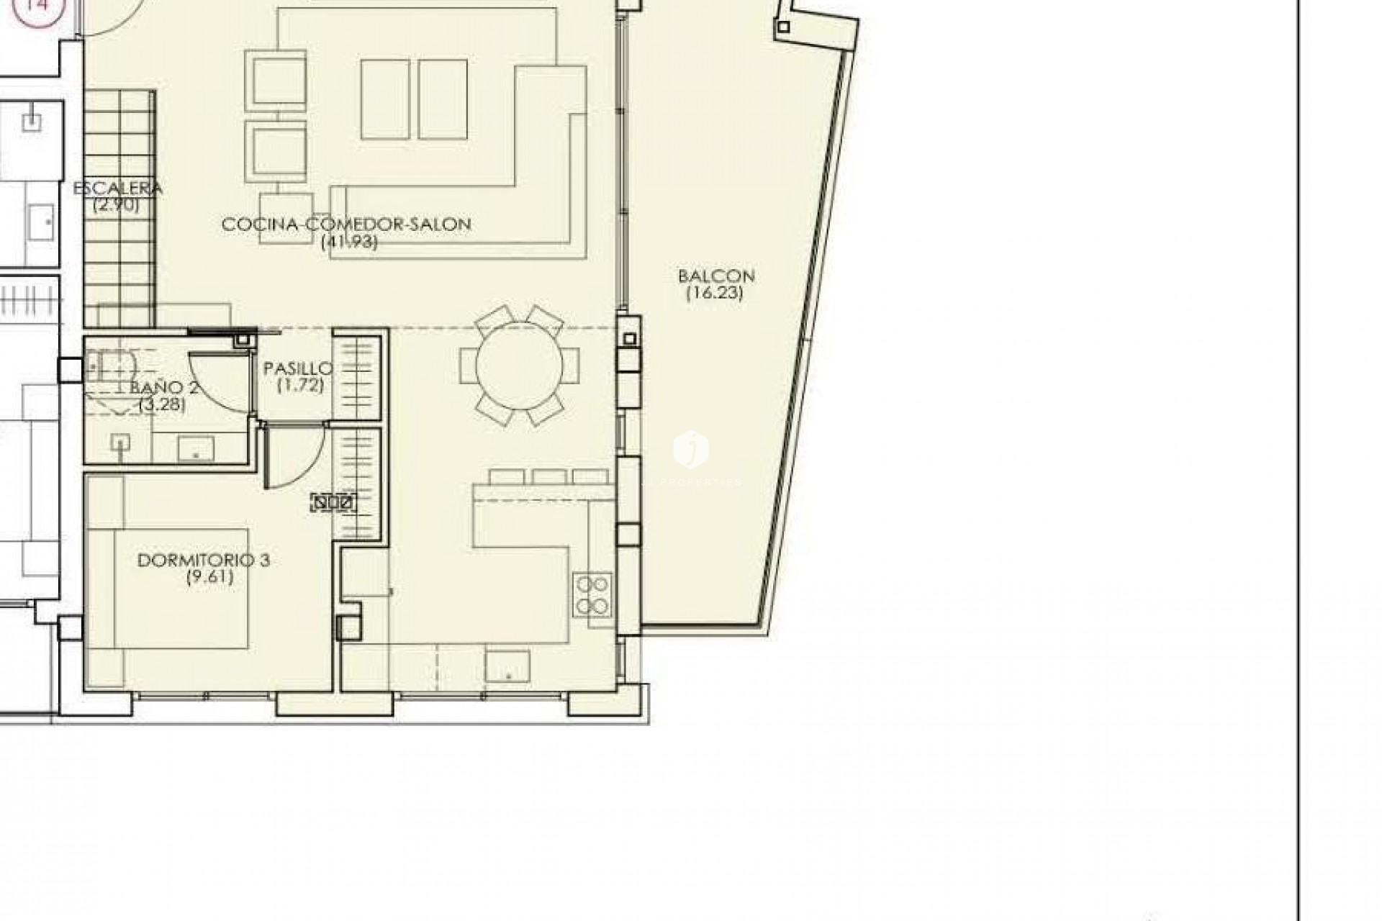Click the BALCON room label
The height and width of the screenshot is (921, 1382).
coord(715,276)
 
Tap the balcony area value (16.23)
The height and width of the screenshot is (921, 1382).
coord(714,293)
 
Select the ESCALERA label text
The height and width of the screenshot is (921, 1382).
coord(118,189)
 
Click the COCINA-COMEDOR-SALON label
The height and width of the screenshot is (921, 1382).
coord(346,224)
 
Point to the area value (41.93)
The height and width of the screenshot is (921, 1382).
coord(349,242)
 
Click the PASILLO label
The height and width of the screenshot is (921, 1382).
coord(298,368)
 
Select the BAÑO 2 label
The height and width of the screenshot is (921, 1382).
coord(164,387)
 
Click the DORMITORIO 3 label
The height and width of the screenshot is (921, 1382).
coord(204,560)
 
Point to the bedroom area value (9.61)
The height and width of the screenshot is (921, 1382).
coord(209,576)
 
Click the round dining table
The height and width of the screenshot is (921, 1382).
coord(519,366)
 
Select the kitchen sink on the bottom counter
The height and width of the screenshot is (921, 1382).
coord(507,665)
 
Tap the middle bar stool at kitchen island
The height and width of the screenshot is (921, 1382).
coord(549,476)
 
